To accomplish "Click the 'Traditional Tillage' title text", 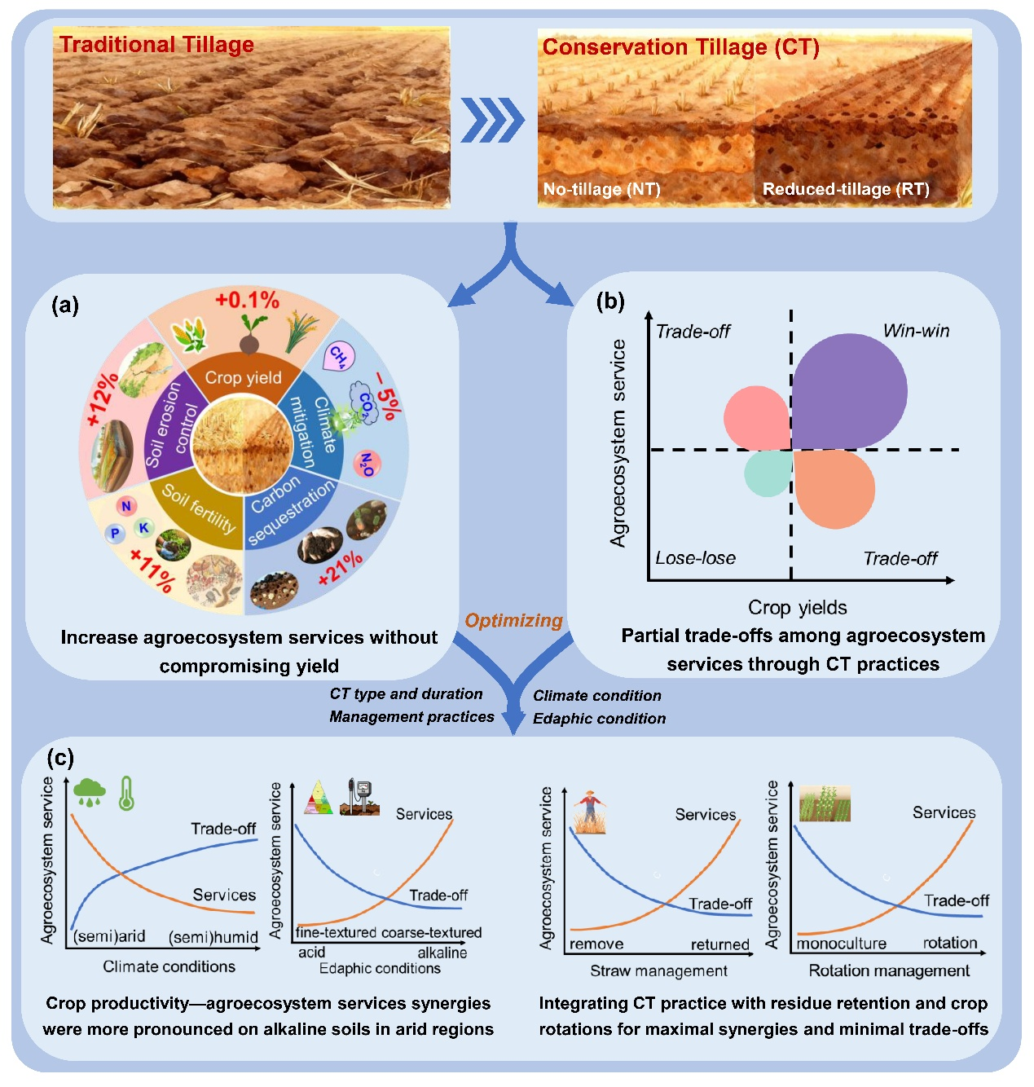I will click(x=156, y=45).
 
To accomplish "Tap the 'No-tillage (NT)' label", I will click(x=601, y=189).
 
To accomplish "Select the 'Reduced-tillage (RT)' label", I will click(x=845, y=189).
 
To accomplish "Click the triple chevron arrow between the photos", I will click(x=492, y=120).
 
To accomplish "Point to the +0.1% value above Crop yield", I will click(x=247, y=301).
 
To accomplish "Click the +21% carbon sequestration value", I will click(x=340, y=567).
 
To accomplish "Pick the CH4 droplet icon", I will click(x=337, y=356).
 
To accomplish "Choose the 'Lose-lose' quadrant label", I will click(x=695, y=558).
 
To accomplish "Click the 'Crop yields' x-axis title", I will click(x=797, y=607).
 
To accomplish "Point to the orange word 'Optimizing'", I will click(x=513, y=621).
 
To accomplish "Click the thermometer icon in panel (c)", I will click(x=126, y=792).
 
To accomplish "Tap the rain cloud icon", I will click(x=89, y=791).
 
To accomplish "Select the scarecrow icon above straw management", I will click(x=589, y=812).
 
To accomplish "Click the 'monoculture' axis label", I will click(x=841, y=944).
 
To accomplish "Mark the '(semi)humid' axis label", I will click(x=213, y=937).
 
